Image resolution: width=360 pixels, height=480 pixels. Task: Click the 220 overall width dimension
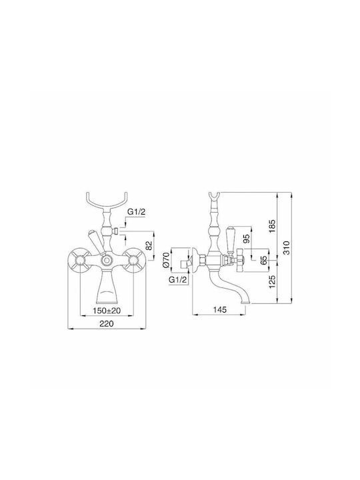pos(107,323)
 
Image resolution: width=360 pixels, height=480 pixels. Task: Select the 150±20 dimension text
pos(107,311)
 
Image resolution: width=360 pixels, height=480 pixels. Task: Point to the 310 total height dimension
pos(286,248)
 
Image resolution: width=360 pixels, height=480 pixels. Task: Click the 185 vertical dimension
pos(273,226)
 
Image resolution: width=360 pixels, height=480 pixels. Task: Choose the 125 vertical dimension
pos(273,281)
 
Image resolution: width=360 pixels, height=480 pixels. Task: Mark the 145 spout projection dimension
pos(219,310)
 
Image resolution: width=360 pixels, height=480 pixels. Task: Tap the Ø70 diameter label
pos(166,260)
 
